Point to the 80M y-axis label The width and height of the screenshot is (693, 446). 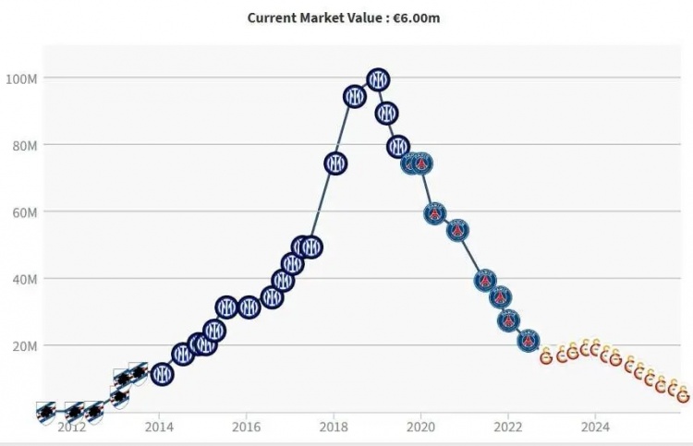(21, 145)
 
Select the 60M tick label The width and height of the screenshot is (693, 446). (21, 211)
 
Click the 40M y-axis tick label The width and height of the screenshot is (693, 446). (21, 278)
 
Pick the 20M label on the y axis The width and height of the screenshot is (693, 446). (21, 345)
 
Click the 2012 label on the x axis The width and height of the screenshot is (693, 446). (72, 428)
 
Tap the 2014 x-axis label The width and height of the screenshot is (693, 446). (159, 428)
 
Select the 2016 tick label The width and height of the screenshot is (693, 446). (246, 428)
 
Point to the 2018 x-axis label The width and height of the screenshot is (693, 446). (334, 428)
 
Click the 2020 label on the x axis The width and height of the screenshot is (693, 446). (420, 428)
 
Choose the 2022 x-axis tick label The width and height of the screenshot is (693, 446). (507, 428)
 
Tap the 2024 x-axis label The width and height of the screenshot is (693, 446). (595, 428)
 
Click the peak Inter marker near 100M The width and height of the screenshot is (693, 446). (377, 79)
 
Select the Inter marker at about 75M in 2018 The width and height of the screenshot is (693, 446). (335, 163)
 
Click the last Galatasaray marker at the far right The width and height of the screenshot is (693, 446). (683, 396)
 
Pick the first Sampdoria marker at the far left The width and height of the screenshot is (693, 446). (45, 412)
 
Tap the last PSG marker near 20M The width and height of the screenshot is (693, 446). (528, 341)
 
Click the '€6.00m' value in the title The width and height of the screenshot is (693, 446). (415, 18)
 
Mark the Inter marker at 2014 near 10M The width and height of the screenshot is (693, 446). (162, 374)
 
